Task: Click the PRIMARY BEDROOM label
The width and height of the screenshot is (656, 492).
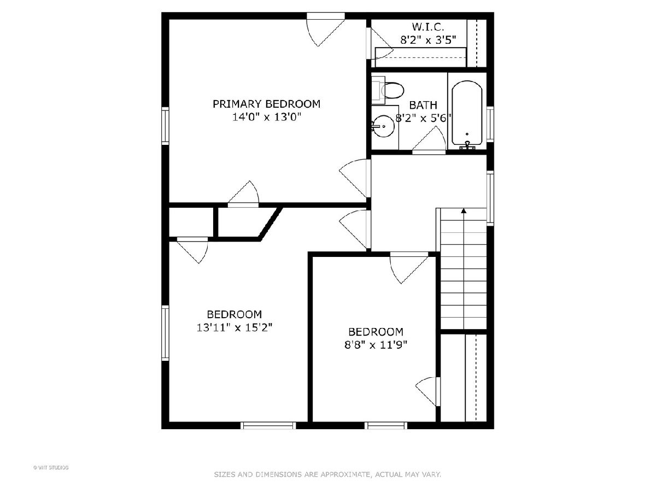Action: [x=266, y=104]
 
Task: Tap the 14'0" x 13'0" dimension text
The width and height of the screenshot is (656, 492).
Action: [x=266, y=117]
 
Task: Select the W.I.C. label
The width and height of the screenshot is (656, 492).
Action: [x=428, y=27]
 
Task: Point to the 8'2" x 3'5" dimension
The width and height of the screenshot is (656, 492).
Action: [x=428, y=40]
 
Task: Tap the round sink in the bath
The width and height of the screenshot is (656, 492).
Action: [x=384, y=126]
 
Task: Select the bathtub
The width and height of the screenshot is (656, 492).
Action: [x=466, y=115]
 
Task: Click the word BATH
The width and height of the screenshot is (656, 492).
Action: [x=423, y=105]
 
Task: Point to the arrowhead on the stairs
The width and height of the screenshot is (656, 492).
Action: [x=464, y=211]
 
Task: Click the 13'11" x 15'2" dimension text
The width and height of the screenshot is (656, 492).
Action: [x=235, y=327]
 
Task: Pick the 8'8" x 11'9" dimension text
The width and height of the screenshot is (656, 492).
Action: [x=376, y=345]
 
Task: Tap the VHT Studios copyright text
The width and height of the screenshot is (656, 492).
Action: [x=51, y=467]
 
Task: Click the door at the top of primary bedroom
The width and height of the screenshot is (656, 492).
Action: [x=326, y=30]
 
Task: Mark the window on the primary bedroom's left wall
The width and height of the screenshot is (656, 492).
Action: [x=165, y=126]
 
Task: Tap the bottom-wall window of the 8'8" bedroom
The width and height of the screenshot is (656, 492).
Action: [x=386, y=426]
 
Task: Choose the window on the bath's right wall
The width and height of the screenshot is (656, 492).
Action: [x=490, y=124]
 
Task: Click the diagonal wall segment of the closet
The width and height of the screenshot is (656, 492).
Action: [x=271, y=224]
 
